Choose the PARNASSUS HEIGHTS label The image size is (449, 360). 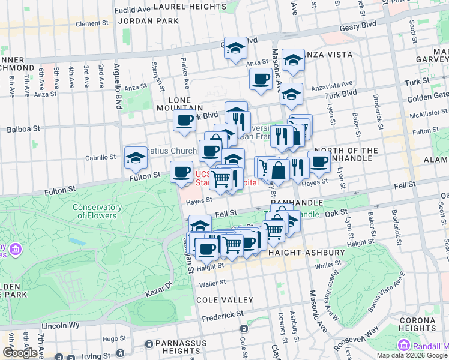pos(180,346)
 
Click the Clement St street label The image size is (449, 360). pos(91,24)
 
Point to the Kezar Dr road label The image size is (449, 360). pos(158,289)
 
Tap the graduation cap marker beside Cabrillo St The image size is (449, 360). pos(136,158)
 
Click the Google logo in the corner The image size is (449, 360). pos(20,353)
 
